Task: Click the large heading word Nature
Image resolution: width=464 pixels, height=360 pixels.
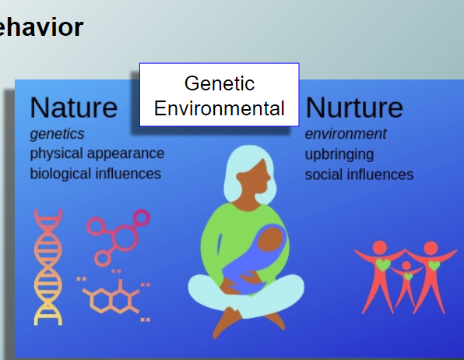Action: [x=74, y=108]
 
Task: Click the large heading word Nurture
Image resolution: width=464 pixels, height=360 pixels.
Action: [x=354, y=108]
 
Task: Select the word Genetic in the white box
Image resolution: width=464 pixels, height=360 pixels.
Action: [x=220, y=83]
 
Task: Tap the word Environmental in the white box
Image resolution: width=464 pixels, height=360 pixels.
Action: [x=220, y=108]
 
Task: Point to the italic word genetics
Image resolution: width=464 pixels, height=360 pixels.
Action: [x=57, y=134]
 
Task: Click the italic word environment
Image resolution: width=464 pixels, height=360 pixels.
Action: [x=346, y=134]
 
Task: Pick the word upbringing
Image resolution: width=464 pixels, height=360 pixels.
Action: [x=339, y=154]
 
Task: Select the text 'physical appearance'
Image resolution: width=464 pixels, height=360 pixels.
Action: [x=97, y=154]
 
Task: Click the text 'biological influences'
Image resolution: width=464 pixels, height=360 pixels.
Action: [x=96, y=174]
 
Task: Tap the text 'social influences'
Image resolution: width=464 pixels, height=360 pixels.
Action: [x=359, y=175]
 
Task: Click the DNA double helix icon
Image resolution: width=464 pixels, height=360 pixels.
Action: [x=48, y=267]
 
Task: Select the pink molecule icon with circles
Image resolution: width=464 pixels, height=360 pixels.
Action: [x=118, y=237]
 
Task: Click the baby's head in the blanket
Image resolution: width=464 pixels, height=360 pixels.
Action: [x=270, y=238]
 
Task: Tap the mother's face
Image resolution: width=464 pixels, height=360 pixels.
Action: [x=255, y=178]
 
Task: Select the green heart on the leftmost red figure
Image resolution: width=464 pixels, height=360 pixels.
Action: [x=383, y=264]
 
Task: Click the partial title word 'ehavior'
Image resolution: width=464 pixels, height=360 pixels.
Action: [x=41, y=27]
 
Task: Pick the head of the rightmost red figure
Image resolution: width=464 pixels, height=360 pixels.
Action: [x=431, y=249]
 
